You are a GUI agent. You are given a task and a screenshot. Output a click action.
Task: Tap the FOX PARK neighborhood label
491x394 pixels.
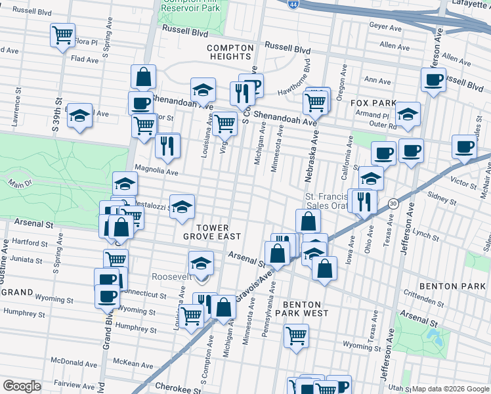click(x=374, y=103)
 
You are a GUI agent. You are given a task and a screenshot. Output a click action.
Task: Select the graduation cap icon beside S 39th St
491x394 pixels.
click(x=79, y=116)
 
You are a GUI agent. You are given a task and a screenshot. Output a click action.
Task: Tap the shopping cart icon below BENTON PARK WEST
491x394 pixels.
click(x=296, y=336)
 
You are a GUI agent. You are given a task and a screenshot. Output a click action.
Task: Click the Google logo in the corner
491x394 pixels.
click(x=22, y=386)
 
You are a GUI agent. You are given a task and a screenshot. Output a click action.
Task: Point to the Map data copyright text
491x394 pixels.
click(x=450, y=389)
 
